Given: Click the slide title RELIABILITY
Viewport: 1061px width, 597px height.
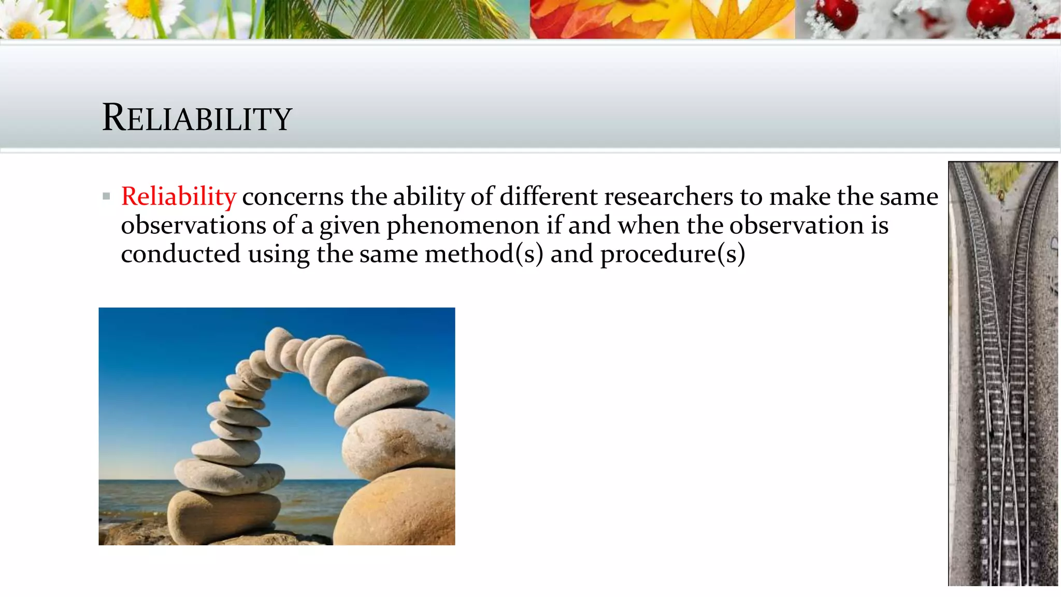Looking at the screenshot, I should tap(197, 118).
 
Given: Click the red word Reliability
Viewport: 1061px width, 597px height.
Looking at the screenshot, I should tap(178, 196).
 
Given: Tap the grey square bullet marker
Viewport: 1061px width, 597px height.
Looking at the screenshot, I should tap(107, 196).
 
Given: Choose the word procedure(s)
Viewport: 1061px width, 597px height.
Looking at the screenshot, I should tap(672, 254).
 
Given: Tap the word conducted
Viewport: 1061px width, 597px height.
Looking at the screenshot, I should tap(181, 254).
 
